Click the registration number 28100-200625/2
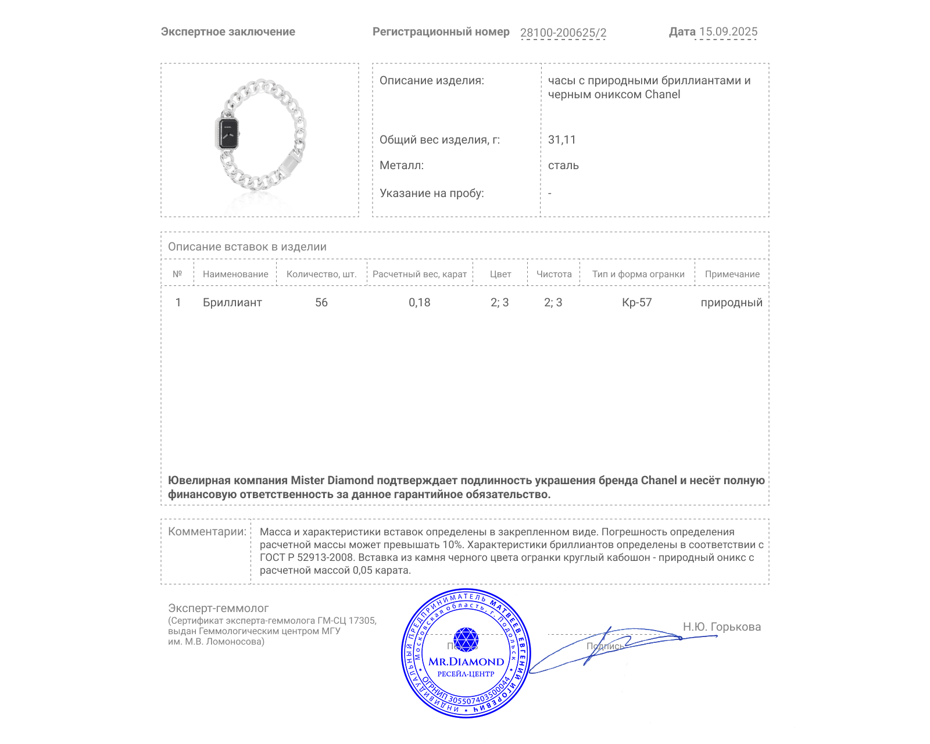click(x=563, y=33)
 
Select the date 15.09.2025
click(x=728, y=32)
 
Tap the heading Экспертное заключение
click(x=228, y=32)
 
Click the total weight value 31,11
click(x=561, y=140)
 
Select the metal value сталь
click(x=563, y=166)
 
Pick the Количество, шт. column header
click(x=321, y=274)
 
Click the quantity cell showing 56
click(x=321, y=303)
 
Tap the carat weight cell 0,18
click(x=420, y=303)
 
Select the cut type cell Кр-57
click(x=637, y=303)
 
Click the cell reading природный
click(x=731, y=303)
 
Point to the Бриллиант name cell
click(x=233, y=303)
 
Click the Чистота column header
click(x=554, y=274)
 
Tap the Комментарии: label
click(x=207, y=532)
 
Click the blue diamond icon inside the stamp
click(x=466, y=639)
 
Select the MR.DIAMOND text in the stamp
click(x=466, y=661)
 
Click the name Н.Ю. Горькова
click(x=721, y=627)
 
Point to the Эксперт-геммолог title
click(x=219, y=609)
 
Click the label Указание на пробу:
click(x=432, y=194)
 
